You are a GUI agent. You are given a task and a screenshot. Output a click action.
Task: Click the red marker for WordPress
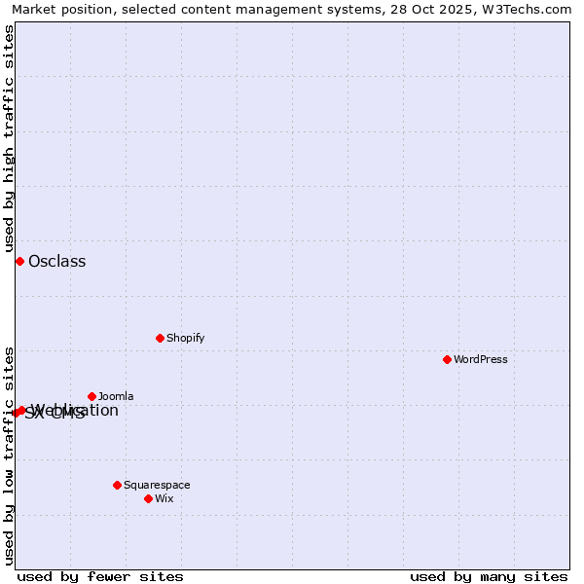pos(447,359)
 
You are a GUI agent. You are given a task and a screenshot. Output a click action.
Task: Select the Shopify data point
pos(160,338)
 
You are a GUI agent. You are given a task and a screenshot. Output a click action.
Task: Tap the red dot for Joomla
pos(91,396)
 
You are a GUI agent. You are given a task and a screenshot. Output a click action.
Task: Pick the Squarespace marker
pos(117,485)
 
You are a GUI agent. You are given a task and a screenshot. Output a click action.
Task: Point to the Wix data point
pos(148,498)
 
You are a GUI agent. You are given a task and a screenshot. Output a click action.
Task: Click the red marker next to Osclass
pos(19,261)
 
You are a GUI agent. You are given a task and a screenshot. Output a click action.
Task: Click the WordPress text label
pos(481,359)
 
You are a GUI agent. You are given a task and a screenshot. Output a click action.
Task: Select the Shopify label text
pos(185,338)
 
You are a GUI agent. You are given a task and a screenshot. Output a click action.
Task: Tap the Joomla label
pos(116,396)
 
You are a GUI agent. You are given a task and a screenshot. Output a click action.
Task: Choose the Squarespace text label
pos(157,485)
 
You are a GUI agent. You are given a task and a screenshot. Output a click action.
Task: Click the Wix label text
pos(164,498)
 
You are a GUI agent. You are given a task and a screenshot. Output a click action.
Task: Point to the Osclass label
pos(57,261)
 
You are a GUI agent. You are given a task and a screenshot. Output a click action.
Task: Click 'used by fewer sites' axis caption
pos(100,576)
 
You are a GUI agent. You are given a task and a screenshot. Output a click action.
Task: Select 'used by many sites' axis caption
pos(489,576)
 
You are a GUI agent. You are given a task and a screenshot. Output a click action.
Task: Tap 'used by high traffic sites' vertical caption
pos(9,139)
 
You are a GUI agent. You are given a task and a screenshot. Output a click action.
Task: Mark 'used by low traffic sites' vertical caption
pos(9,455)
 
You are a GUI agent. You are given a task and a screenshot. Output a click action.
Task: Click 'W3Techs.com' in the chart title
pos(529,9)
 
